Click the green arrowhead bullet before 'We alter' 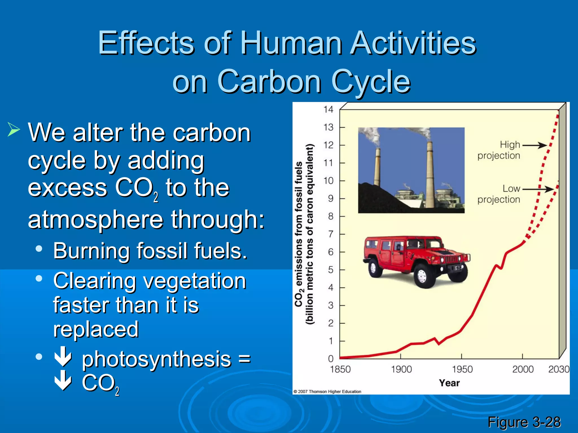pyautogui.click(x=14, y=130)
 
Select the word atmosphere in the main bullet pyautogui.click(x=95, y=220)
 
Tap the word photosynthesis pyautogui.click(x=156, y=360)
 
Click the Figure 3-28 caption pyautogui.click(x=524, y=422)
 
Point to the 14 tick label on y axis pyautogui.click(x=328, y=109)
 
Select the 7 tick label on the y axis pyautogui.click(x=330, y=234)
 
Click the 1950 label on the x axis pyautogui.click(x=462, y=369)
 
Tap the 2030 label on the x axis pyautogui.click(x=559, y=369)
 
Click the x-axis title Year pyautogui.click(x=449, y=383)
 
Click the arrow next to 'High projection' pyautogui.click(x=535, y=145)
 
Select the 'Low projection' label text pyautogui.click(x=499, y=194)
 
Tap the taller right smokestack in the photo pyautogui.click(x=430, y=175)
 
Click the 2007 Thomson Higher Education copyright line pyautogui.click(x=327, y=392)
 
